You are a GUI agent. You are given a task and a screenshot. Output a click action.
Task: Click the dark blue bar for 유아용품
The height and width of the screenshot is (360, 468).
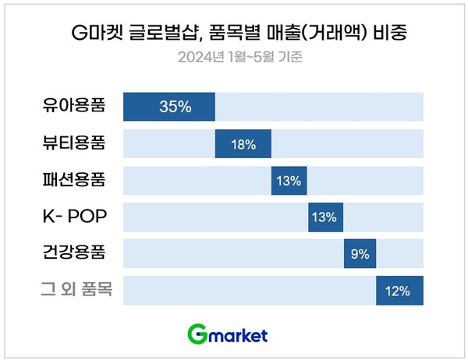(x=169, y=107)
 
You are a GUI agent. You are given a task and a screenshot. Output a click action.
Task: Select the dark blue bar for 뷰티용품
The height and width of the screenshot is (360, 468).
(x=243, y=143)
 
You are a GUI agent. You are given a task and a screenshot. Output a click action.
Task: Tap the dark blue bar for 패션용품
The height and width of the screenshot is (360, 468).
(x=289, y=180)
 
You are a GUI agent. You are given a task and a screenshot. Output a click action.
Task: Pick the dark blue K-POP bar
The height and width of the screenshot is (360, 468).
(x=326, y=217)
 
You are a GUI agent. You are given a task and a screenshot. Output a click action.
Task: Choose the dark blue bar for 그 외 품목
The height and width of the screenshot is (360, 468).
(x=399, y=291)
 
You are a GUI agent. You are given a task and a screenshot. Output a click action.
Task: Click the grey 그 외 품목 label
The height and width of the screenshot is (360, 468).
(x=76, y=290)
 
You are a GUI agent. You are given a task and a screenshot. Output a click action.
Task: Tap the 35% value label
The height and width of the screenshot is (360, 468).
(x=175, y=107)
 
